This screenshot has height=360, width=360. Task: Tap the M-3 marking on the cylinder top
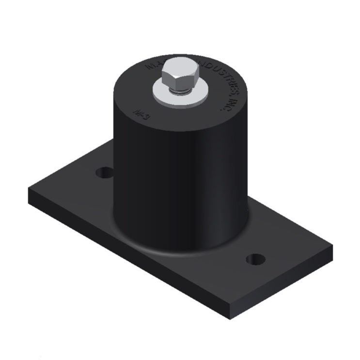coord(139,113)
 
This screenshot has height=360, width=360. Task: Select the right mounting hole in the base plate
coord(255,259)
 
